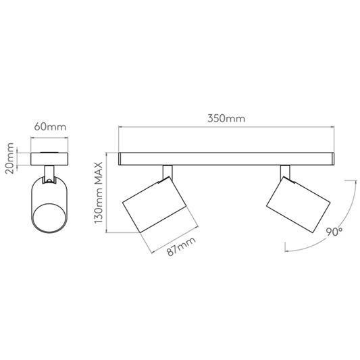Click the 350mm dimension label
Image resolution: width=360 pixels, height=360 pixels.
pos(226,118)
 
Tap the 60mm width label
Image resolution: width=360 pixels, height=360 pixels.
pos(50,126)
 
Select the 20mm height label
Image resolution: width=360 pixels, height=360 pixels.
pos(9,158)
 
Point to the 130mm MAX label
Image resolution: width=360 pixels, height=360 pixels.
pos(98,192)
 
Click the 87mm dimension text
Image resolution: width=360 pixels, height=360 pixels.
pos(181,246)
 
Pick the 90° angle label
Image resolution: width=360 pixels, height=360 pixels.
pos(334,232)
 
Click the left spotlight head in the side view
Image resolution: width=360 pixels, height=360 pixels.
pos(154,205)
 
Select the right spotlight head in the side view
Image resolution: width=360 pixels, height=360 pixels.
pos(299,205)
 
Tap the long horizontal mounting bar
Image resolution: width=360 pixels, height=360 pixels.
pos(226,159)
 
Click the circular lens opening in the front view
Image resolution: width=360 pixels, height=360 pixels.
pos(49,217)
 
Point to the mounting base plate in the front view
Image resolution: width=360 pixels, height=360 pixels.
pos(49,159)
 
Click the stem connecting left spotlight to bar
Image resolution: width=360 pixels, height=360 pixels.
pos(168,172)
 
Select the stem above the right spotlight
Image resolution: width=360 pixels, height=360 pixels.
pos(285,172)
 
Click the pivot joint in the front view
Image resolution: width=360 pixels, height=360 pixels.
pos(49,180)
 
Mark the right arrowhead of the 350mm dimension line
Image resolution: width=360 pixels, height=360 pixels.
pos(332,126)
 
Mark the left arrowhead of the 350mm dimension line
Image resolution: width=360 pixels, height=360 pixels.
pos(120,126)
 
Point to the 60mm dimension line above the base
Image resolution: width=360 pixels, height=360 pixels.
pos(49,138)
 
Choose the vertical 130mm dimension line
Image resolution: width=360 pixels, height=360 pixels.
pos(106,192)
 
